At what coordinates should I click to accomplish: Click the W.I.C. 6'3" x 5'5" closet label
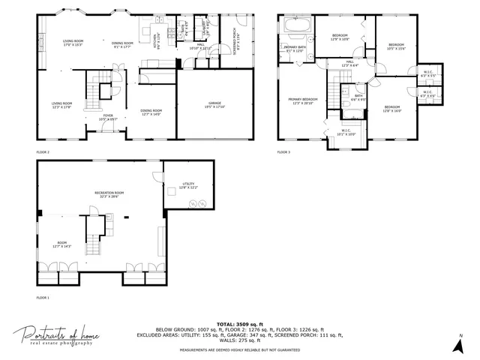[428, 75]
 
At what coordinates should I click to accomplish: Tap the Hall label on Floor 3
[349, 64]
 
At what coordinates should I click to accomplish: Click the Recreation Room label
[109, 195]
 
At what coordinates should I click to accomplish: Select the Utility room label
[189, 185]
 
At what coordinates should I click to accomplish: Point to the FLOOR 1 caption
[43, 297]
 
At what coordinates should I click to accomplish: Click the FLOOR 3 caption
[283, 151]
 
